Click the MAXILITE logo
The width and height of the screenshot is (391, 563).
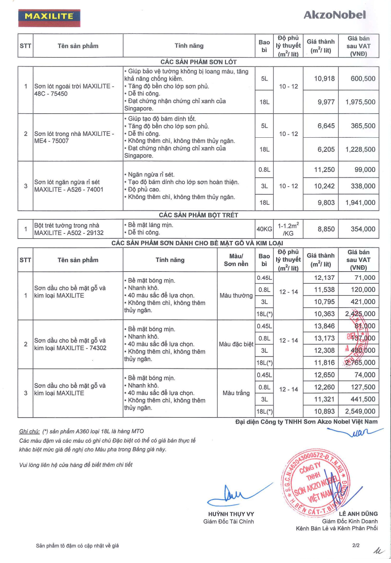(x=49, y=17)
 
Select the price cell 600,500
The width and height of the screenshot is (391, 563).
(x=360, y=79)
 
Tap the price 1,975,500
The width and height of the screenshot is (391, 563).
(x=360, y=102)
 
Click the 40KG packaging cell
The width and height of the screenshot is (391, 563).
(x=264, y=229)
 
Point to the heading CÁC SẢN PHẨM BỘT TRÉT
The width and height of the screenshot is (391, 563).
(x=198, y=215)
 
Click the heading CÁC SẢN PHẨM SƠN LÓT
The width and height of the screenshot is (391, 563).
(x=198, y=62)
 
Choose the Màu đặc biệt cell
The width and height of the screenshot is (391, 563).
(x=236, y=344)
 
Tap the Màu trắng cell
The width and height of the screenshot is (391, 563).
(x=236, y=393)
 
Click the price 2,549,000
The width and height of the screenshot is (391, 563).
(x=360, y=412)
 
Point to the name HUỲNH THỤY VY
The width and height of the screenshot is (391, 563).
(x=231, y=514)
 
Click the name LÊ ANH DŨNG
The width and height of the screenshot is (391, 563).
(x=358, y=514)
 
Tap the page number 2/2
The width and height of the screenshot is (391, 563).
(x=356, y=545)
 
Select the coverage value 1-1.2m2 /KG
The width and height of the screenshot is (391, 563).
(x=289, y=229)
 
